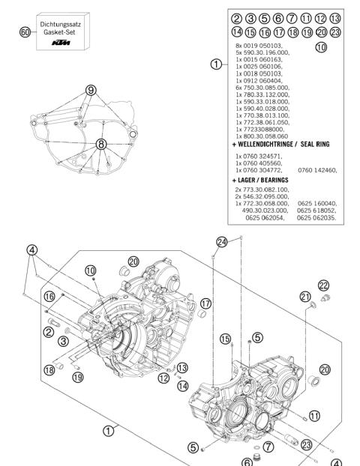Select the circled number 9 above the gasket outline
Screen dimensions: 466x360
[x=91, y=88]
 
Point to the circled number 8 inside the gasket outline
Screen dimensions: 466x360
[x=100, y=144]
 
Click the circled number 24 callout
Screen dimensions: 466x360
[x=221, y=241]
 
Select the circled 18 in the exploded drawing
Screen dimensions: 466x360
[x=51, y=369]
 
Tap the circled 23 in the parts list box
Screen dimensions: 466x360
[x=334, y=32]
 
